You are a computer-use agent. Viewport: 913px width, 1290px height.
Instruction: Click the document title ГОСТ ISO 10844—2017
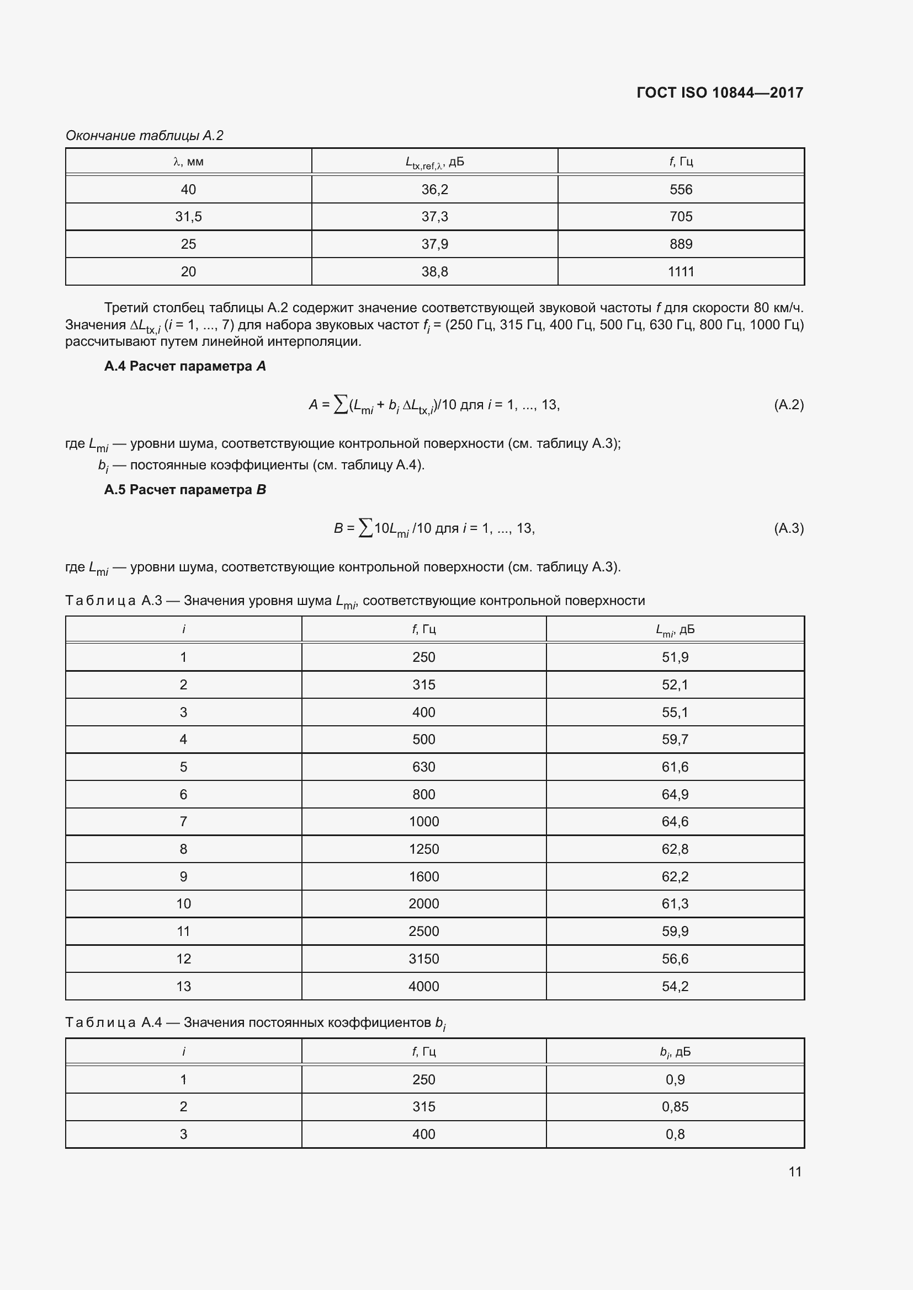[720, 93]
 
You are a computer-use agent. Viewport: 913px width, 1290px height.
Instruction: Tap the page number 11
[794, 1171]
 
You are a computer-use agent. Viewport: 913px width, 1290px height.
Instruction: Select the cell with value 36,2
[434, 189]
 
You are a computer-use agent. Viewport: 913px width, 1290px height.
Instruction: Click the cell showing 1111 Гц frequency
[680, 272]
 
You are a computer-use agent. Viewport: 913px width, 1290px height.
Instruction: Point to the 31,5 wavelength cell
[188, 217]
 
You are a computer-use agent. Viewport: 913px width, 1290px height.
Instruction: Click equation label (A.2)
[788, 404]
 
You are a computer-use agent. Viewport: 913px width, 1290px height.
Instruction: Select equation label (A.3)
[788, 528]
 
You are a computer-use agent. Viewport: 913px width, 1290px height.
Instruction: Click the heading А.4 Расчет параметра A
[185, 366]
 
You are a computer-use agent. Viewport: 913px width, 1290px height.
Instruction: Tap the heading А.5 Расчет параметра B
[185, 490]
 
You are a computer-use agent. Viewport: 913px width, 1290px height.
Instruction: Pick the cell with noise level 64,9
[675, 794]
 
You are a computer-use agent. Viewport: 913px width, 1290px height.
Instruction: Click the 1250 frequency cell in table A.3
[423, 849]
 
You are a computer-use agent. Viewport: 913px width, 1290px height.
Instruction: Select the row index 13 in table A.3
[183, 986]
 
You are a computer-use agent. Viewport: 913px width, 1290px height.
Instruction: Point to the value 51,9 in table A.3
[675, 657]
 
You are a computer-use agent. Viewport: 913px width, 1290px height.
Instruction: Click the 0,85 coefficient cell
[675, 1106]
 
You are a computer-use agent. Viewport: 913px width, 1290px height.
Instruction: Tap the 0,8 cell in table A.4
[675, 1134]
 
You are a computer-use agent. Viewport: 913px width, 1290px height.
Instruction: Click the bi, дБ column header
[675, 1052]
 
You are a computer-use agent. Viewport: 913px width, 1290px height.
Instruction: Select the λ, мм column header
[188, 162]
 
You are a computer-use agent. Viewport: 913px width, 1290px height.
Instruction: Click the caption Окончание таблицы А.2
[145, 136]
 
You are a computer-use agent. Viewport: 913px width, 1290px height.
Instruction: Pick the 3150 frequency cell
[423, 959]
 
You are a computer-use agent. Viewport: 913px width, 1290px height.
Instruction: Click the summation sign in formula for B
[365, 528]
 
